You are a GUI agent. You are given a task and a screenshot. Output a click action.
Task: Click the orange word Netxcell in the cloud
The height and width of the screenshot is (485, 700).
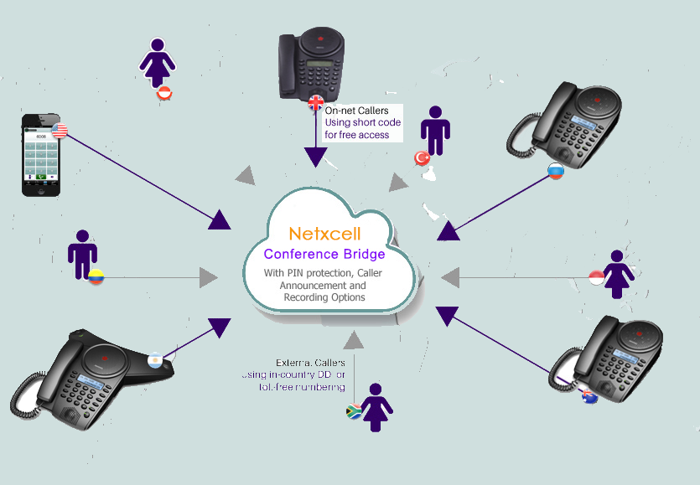tap(324, 234)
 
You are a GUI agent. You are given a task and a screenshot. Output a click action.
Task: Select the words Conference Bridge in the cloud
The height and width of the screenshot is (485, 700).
tap(324, 254)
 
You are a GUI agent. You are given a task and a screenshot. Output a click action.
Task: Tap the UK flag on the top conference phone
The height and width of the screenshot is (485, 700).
tap(316, 102)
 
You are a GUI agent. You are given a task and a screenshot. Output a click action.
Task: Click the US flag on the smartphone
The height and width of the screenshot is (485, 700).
tap(60, 130)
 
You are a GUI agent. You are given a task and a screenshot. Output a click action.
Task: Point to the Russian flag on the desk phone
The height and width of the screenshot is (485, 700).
tap(555, 172)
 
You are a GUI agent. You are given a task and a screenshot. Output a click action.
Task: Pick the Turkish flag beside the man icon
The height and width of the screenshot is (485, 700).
tap(422, 157)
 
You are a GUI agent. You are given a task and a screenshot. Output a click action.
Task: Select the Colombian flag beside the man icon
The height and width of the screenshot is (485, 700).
tap(96, 276)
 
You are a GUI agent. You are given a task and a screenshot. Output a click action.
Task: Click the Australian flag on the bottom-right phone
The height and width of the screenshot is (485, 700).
tap(591, 397)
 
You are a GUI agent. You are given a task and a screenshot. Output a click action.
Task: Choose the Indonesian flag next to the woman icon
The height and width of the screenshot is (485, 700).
tap(597, 277)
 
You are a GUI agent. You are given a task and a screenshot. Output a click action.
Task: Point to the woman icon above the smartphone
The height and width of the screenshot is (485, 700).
tap(157, 62)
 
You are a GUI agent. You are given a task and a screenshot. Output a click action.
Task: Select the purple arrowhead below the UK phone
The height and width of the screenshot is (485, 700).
tap(316, 157)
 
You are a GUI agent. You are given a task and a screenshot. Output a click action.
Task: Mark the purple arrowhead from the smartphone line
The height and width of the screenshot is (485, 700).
tap(219, 219)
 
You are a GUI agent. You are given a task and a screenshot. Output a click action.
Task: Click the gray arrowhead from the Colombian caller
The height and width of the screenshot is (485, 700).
tap(209, 276)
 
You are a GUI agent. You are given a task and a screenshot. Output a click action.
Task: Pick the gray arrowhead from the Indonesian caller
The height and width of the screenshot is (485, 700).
tap(450, 276)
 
